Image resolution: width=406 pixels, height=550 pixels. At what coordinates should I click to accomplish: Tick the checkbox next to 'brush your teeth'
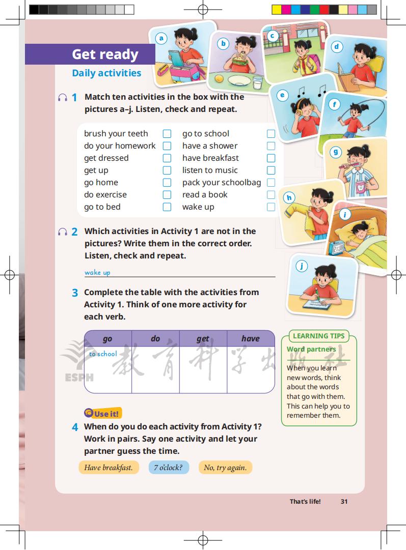(167, 134)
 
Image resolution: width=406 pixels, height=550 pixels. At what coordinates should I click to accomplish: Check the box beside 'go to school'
(271, 134)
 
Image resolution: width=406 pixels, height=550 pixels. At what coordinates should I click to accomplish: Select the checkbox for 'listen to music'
(271, 170)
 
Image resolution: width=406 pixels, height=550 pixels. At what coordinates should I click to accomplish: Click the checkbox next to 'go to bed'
(167, 207)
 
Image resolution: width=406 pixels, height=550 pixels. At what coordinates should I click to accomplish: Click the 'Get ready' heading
(105, 54)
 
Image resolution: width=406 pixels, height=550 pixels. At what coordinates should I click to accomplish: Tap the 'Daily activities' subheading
(106, 73)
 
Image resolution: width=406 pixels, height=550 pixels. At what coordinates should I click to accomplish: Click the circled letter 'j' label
(302, 266)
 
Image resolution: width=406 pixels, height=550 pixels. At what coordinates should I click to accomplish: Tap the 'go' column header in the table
(107, 338)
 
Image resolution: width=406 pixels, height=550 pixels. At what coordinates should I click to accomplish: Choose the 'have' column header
(250, 338)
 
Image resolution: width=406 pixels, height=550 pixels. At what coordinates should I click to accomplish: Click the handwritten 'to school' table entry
(103, 354)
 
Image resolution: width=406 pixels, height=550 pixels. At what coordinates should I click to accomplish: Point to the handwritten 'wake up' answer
(97, 272)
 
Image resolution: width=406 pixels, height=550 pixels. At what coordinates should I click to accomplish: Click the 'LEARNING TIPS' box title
(319, 336)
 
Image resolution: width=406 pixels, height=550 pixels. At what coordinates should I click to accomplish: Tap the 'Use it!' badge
(103, 414)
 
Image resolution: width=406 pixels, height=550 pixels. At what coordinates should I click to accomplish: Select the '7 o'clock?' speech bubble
(168, 468)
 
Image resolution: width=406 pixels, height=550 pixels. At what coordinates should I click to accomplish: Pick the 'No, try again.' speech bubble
(225, 468)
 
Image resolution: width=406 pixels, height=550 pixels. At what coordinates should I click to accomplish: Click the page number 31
(344, 501)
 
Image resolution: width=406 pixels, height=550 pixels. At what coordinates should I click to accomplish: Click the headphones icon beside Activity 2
(63, 232)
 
